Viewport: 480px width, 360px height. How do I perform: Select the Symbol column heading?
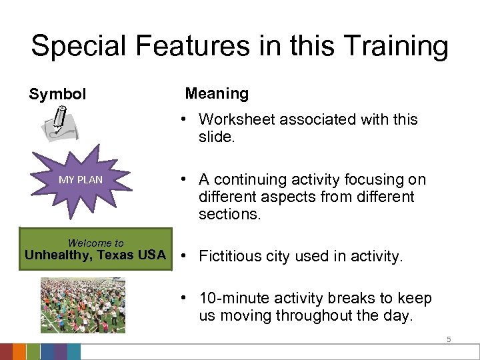[x=57, y=95]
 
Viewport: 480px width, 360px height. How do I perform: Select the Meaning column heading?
[x=217, y=94]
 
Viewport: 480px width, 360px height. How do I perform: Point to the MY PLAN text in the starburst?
[x=81, y=179]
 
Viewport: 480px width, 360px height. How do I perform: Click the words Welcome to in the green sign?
[x=95, y=243]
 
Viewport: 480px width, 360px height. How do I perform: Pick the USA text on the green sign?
[x=151, y=255]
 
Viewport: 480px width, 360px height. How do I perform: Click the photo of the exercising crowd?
[x=83, y=305]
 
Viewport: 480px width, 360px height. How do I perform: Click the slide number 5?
[x=449, y=339]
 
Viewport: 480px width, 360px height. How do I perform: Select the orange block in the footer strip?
[x=20, y=352]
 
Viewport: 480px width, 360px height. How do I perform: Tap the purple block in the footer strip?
[x=60, y=352]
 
